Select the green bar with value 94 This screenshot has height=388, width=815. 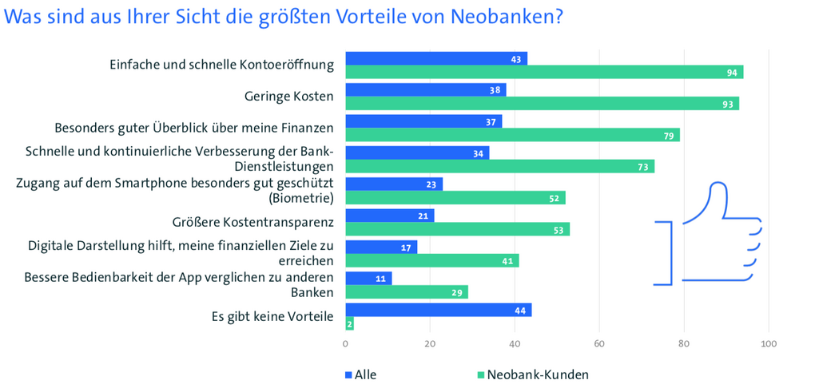(543, 73)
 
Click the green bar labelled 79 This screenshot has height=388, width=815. (511, 135)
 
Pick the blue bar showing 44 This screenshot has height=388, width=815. (438, 310)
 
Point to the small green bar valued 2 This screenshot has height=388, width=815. (349, 323)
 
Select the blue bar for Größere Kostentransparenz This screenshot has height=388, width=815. (389, 216)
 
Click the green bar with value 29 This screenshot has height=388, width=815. (406, 292)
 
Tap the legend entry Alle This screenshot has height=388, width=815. (360, 374)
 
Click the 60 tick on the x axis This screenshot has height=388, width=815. (598, 344)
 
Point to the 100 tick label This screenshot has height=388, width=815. (769, 344)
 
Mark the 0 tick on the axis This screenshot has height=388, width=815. (345, 344)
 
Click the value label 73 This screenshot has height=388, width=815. (642, 166)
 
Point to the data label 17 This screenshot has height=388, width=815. (406, 247)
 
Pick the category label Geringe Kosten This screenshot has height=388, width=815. (288, 97)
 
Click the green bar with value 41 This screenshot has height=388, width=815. (431, 260)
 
